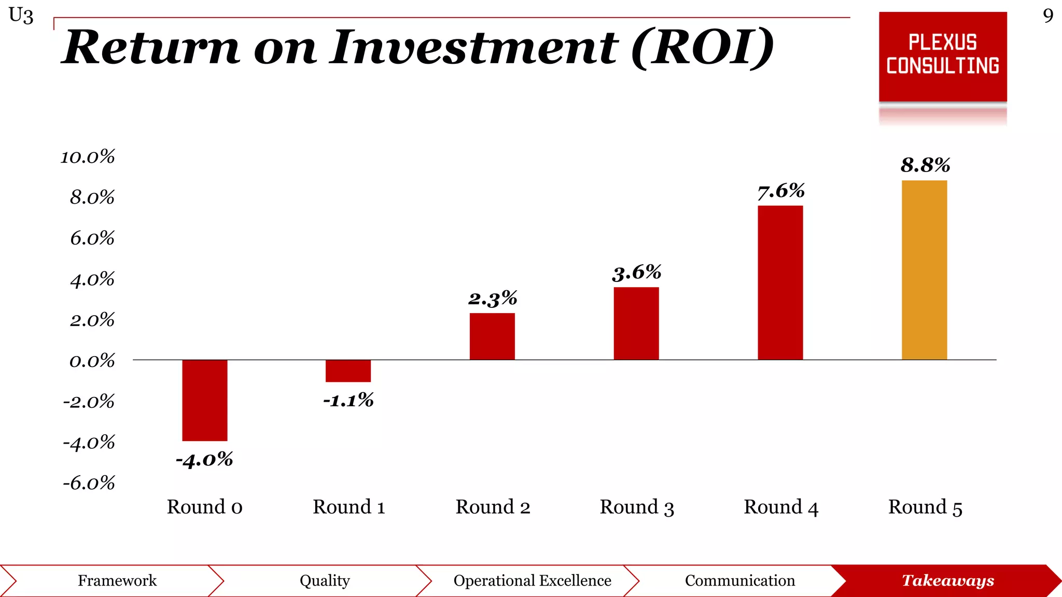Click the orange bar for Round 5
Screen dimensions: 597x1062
(924, 269)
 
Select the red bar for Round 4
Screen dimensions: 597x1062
(780, 282)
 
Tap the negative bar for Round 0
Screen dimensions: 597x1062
(204, 400)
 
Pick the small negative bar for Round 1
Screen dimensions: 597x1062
(348, 371)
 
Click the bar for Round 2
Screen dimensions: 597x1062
(492, 336)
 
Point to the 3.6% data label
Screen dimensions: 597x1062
(636, 273)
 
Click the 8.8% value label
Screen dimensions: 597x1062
(925, 165)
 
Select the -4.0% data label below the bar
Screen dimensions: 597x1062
(204, 460)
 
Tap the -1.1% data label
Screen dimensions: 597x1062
(348, 400)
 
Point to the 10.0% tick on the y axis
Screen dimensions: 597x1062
(88, 157)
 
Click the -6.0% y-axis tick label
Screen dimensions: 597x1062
(89, 483)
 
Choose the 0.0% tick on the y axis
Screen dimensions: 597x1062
(92, 361)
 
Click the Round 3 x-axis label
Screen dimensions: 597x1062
(637, 507)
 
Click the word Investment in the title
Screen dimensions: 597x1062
(474, 48)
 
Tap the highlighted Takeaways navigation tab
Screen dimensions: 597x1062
(947, 580)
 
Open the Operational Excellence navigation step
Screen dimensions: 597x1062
(532, 580)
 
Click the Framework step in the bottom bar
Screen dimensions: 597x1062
(117, 580)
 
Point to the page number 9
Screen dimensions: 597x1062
(1048, 16)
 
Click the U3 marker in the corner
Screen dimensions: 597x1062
(21, 16)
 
